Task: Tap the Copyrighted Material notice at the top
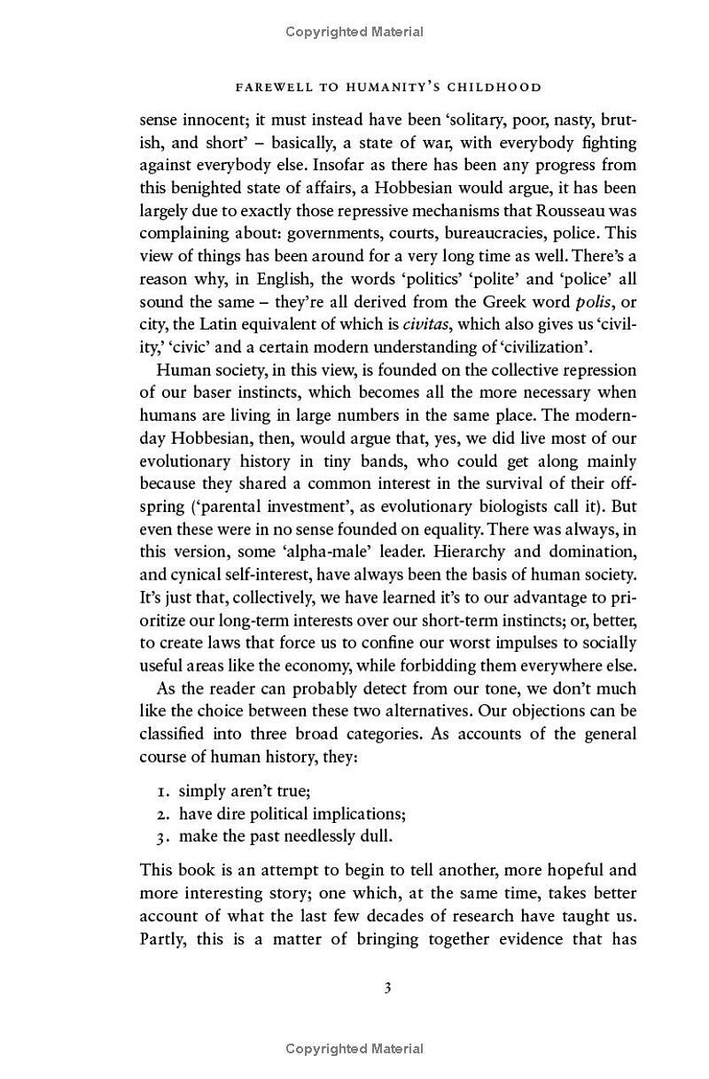354,32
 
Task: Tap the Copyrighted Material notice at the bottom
354,1049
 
